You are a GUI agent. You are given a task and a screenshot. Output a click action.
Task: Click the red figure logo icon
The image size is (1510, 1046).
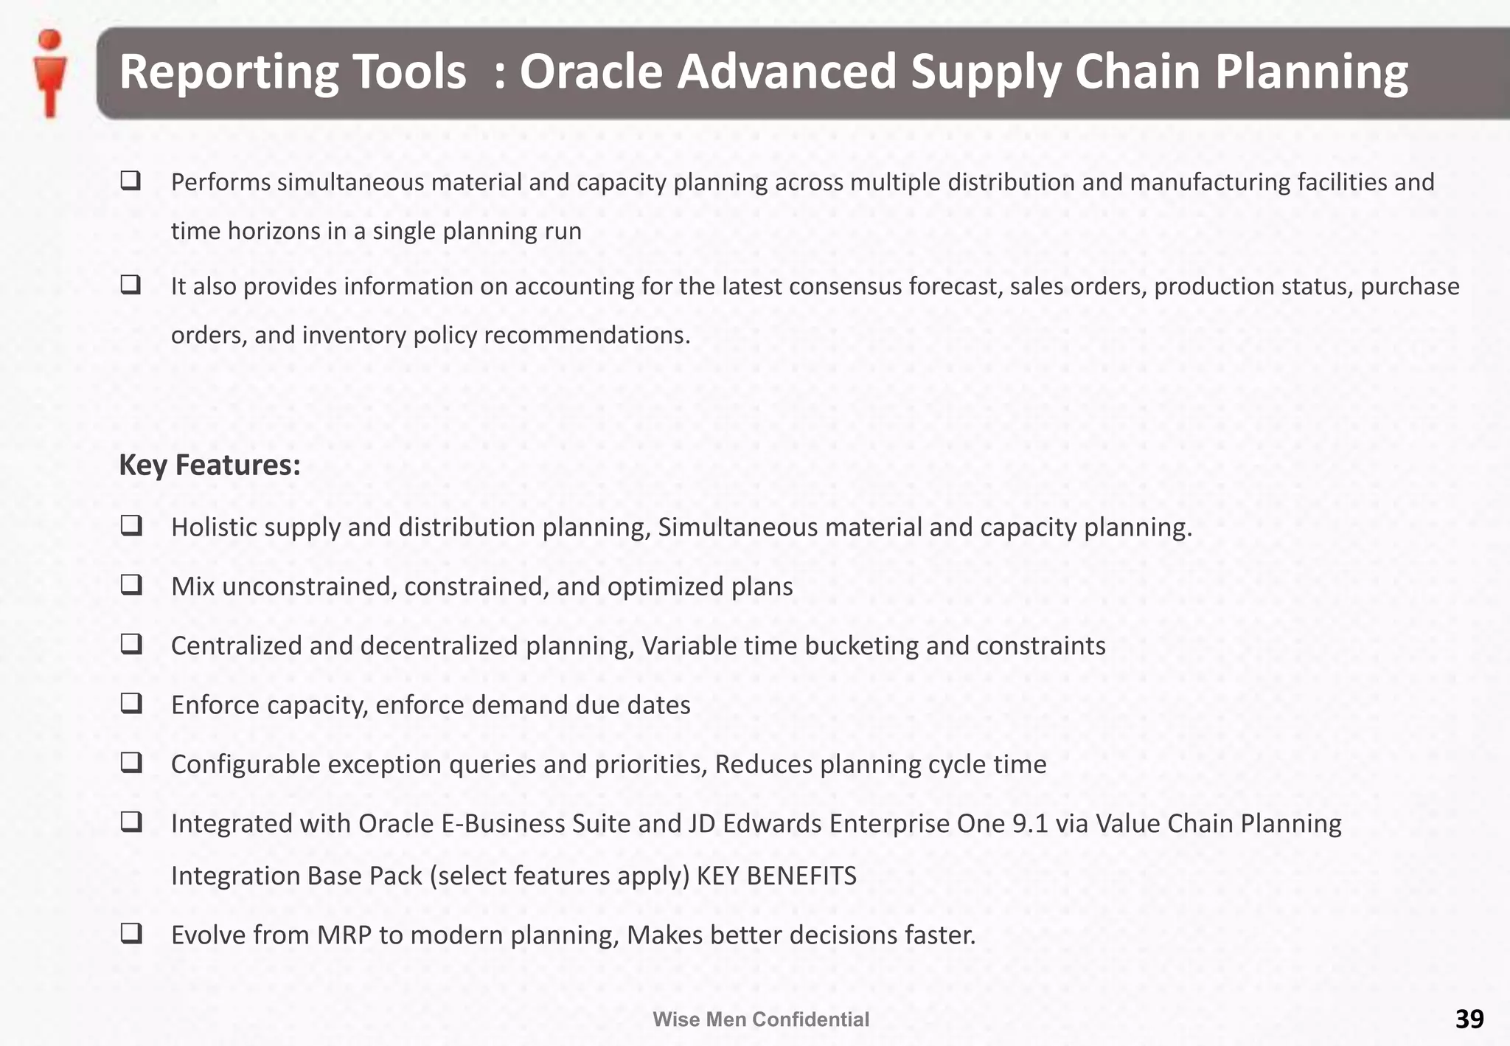click(50, 74)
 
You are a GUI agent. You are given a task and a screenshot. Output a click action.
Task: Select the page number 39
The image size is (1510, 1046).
click(1469, 1019)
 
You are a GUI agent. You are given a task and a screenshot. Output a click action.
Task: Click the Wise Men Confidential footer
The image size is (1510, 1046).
click(761, 1019)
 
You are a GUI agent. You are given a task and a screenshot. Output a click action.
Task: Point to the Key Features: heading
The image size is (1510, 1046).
click(209, 465)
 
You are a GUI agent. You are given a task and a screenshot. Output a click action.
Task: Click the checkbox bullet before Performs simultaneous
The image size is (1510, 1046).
click(131, 181)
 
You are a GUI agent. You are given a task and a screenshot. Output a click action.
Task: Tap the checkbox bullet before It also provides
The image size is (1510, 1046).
click(131, 285)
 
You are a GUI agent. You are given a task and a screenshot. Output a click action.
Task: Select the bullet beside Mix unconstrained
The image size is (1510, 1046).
click(131, 585)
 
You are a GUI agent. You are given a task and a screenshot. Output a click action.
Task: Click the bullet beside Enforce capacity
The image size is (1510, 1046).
click(131, 704)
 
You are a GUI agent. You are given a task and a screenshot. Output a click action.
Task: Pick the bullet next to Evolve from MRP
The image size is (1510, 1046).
click(131, 934)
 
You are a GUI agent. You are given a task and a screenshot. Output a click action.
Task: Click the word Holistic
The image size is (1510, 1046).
click(214, 527)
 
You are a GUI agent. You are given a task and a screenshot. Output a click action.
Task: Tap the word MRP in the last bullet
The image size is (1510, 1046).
click(344, 935)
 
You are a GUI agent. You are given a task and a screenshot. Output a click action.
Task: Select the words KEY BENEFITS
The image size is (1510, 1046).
click(776, 876)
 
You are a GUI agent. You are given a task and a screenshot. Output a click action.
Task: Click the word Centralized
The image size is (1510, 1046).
click(237, 645)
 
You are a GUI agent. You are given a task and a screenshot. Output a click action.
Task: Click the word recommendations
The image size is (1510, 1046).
click(587, 336)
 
